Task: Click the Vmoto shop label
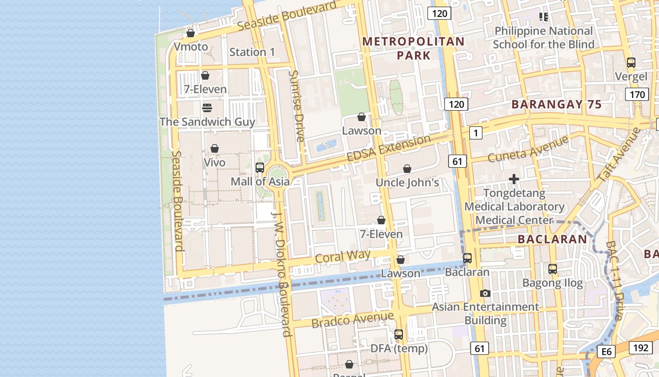[191, 47]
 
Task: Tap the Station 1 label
[252, 52]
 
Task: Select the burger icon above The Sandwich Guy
[207, 108]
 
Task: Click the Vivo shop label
[215, 162]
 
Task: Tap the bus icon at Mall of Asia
[259, 167]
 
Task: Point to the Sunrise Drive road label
[297, 106]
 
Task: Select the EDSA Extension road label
[388, 148]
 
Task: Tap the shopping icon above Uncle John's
[407, 169]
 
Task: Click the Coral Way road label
[343, 256]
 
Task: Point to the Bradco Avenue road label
[352, 320]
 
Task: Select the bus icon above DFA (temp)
[399, 335]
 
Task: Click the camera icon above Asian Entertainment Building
[485, 293]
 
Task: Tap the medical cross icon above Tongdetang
[514, 179]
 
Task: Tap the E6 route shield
[606, 351]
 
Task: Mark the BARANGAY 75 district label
[556, 105]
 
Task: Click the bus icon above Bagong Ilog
[553, 269]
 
